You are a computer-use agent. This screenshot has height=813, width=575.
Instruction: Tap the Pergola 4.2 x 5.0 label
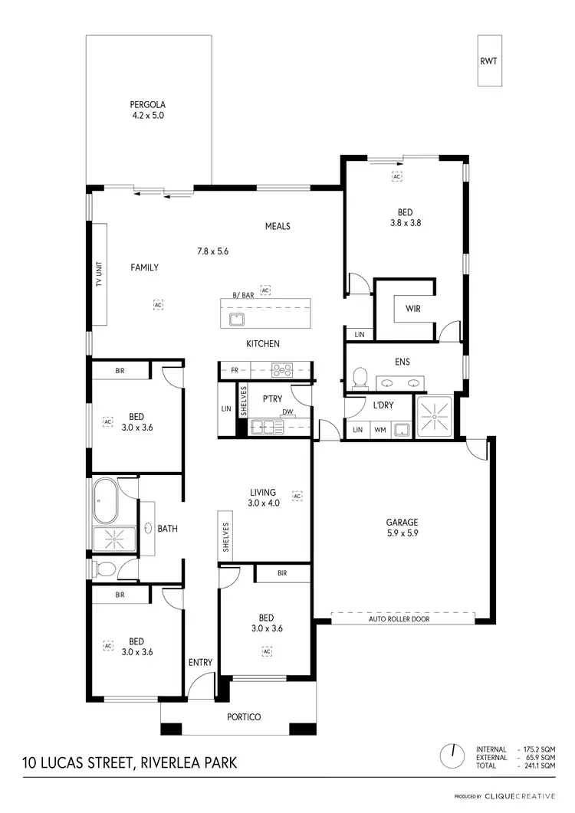pos(148,110)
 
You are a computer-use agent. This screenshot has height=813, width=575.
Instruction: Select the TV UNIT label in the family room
pos(99,272)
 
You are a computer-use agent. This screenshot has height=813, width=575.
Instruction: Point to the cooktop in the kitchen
pos(283,370)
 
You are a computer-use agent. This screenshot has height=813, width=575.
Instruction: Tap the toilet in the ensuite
pos(358,377)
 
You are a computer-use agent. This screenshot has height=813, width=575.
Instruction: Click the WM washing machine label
pos(379,431)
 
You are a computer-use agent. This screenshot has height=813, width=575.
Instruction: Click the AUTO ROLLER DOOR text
pos(399,618)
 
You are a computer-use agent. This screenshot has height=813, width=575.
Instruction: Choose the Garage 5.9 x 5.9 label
pos(402,528)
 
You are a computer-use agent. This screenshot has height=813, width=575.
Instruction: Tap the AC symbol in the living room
pos(297,496)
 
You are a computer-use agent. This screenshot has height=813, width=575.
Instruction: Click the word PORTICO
pos(245,717)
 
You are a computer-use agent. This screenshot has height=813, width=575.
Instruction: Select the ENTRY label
pos(200,663)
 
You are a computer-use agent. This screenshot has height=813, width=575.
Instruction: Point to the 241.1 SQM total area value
pos(538,765)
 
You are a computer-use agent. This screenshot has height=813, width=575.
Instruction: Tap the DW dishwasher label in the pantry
pos(287,411)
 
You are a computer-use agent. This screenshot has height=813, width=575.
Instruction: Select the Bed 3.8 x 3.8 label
pos(405,218)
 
